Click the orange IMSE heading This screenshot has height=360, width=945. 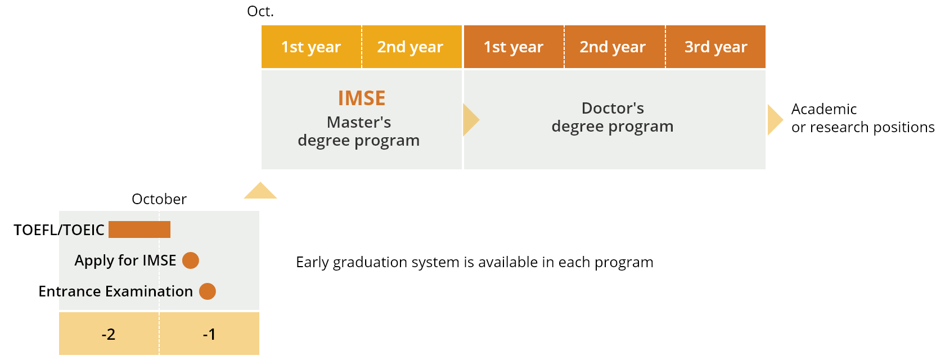tap(362, 98)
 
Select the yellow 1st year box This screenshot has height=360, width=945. tap(312, 47)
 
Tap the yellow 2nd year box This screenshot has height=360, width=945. tap(412, 47)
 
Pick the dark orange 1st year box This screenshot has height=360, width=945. tap(514, 47)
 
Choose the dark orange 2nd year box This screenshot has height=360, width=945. tap(615, 47)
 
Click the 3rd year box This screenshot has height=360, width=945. tap(716, 47)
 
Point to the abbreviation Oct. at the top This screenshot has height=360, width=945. tap(260, 11)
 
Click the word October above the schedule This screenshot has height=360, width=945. tap(159, 199)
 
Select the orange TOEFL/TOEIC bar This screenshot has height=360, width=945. tap(139, 229)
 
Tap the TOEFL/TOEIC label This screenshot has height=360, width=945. tap(58, 230)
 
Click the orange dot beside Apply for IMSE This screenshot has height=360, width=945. tap(191, 260)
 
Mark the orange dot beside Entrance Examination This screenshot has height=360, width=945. tap(208, 291)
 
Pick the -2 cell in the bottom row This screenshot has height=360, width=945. tap(109, 334)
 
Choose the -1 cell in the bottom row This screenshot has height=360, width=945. tap(210, 334)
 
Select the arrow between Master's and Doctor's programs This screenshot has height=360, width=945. tap(471, 120)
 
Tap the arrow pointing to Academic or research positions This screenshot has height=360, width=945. tap(775, 120)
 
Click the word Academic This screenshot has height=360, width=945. tap(824, 109)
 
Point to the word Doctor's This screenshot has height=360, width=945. tap(613, 108)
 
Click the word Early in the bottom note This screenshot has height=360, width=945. tap(313, 262)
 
